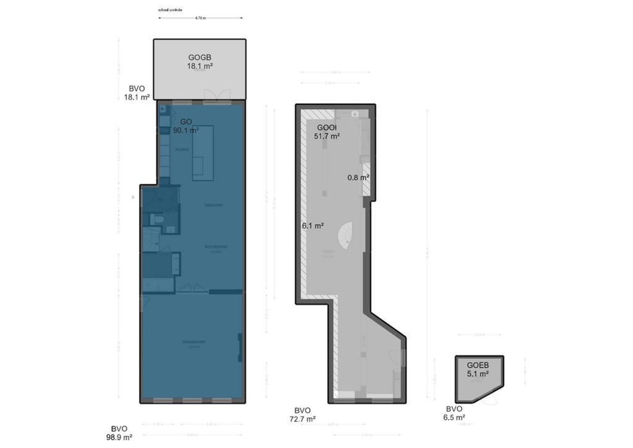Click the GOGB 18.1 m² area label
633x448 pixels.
pos(200,62)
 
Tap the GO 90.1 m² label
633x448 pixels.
pos(186,126)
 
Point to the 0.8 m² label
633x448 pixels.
pos(358,178)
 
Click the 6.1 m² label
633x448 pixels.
pos(313,226)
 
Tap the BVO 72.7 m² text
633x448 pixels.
pos(302,414)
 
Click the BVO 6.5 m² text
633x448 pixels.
pos(454,413)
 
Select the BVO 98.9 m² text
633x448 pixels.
pos(119,433)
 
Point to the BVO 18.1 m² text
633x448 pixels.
pos(137,93)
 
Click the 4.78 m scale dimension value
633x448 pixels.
pos(201,18)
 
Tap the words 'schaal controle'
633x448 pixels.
pos(170,10)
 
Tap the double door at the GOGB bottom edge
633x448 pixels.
pos(217,96)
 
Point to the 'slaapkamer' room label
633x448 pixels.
pos(194,342)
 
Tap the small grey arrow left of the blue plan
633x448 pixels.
pos(133,197)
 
